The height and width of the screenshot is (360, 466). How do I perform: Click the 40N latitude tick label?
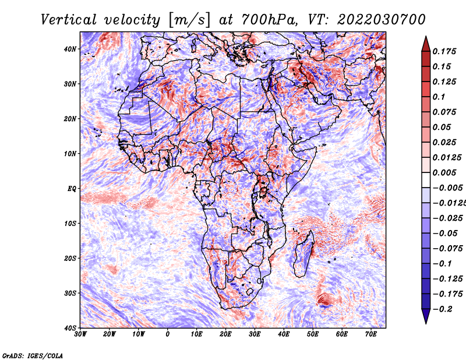click(70, 49)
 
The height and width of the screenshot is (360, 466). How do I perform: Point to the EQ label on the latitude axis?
click(72, 189)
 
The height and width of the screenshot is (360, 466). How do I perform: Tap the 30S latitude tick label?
click(70, 293)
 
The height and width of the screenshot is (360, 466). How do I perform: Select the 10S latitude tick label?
click(70, 224)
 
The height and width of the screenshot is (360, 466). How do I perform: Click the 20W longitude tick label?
click(109, 334)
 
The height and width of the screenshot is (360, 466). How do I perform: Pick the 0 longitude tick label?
click(168, 334)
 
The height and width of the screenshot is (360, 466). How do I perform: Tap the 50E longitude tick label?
click(313, 334)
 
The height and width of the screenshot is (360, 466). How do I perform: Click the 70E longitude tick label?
click(370, 334)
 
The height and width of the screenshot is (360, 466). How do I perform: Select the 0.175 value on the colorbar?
click(444, 51)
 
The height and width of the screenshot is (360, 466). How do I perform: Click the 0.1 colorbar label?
click(439, 97)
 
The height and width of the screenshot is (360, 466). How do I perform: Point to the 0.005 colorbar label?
click(444, 172)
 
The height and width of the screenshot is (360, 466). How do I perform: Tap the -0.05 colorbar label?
click(445, 234)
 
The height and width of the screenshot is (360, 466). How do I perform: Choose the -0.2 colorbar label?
click(442, 309)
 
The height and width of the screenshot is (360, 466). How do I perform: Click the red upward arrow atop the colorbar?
click(426, 45)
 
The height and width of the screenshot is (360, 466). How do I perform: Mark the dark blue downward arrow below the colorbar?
click(426, 316)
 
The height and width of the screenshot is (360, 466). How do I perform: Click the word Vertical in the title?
click(69, 20)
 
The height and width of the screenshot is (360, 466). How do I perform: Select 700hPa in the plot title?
click(269, 20)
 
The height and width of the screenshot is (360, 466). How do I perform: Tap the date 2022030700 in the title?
click(382, 20)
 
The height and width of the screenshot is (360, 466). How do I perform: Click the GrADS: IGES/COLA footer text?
click(33, 355)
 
